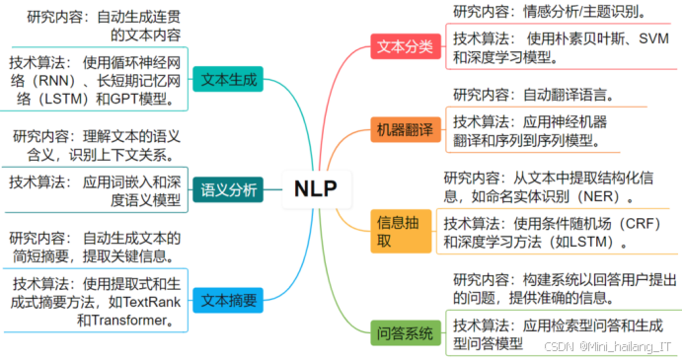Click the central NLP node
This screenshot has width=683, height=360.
[x=315, y=189]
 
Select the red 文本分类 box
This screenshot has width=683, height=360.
[x=405, y=45]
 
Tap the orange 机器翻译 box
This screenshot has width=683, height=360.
[x=405, y=130]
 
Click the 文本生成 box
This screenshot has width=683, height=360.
[x=229, y=80]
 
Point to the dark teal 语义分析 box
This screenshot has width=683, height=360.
[x=229, y=190]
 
